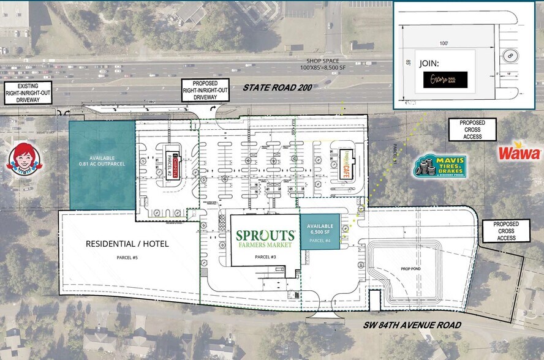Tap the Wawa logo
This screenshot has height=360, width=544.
pyautogui.click(x=519, y=153)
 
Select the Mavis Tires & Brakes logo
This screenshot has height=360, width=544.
pyautogui.click(x=440, y=167)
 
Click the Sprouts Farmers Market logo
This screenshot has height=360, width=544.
pyautogui.click(x=266, y=239)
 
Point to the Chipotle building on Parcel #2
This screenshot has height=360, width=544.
pyautogui.click(x=171, y=164)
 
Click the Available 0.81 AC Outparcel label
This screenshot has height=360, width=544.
pyautogui.click(x=101, y=160)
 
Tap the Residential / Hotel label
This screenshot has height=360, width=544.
pyautogui.click(x=127, y=244)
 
